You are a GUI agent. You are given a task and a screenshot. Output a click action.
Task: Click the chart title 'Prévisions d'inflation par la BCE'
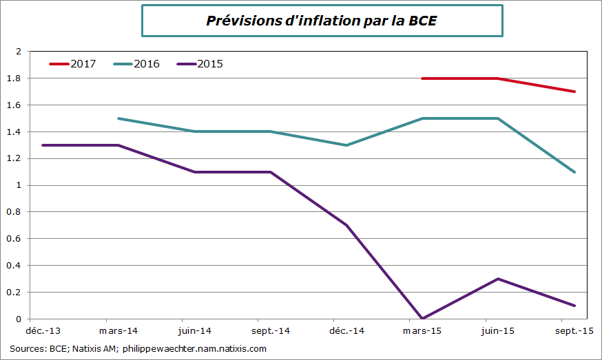pos(322,21)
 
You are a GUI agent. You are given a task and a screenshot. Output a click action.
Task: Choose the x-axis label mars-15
pos(422,331)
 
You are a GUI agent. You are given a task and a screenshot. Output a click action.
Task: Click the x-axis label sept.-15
pos(574,331)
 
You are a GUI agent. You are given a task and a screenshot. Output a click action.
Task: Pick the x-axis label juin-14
pos(194,331)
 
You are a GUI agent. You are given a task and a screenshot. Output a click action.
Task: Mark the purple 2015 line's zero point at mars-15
pos(422,319)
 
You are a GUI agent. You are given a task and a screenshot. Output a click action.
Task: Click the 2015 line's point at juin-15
pos(498,279)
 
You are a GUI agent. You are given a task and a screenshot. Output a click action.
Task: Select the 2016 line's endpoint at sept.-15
pos(574,172)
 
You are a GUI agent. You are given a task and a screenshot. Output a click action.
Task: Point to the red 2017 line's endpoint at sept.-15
pos(574,92)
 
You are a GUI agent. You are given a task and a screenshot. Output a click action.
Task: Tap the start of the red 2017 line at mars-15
pos(422,78)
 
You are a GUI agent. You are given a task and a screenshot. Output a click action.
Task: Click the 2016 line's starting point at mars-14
pos(118,118)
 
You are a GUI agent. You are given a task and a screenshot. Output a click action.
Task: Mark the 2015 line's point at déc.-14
pos(346,225)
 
